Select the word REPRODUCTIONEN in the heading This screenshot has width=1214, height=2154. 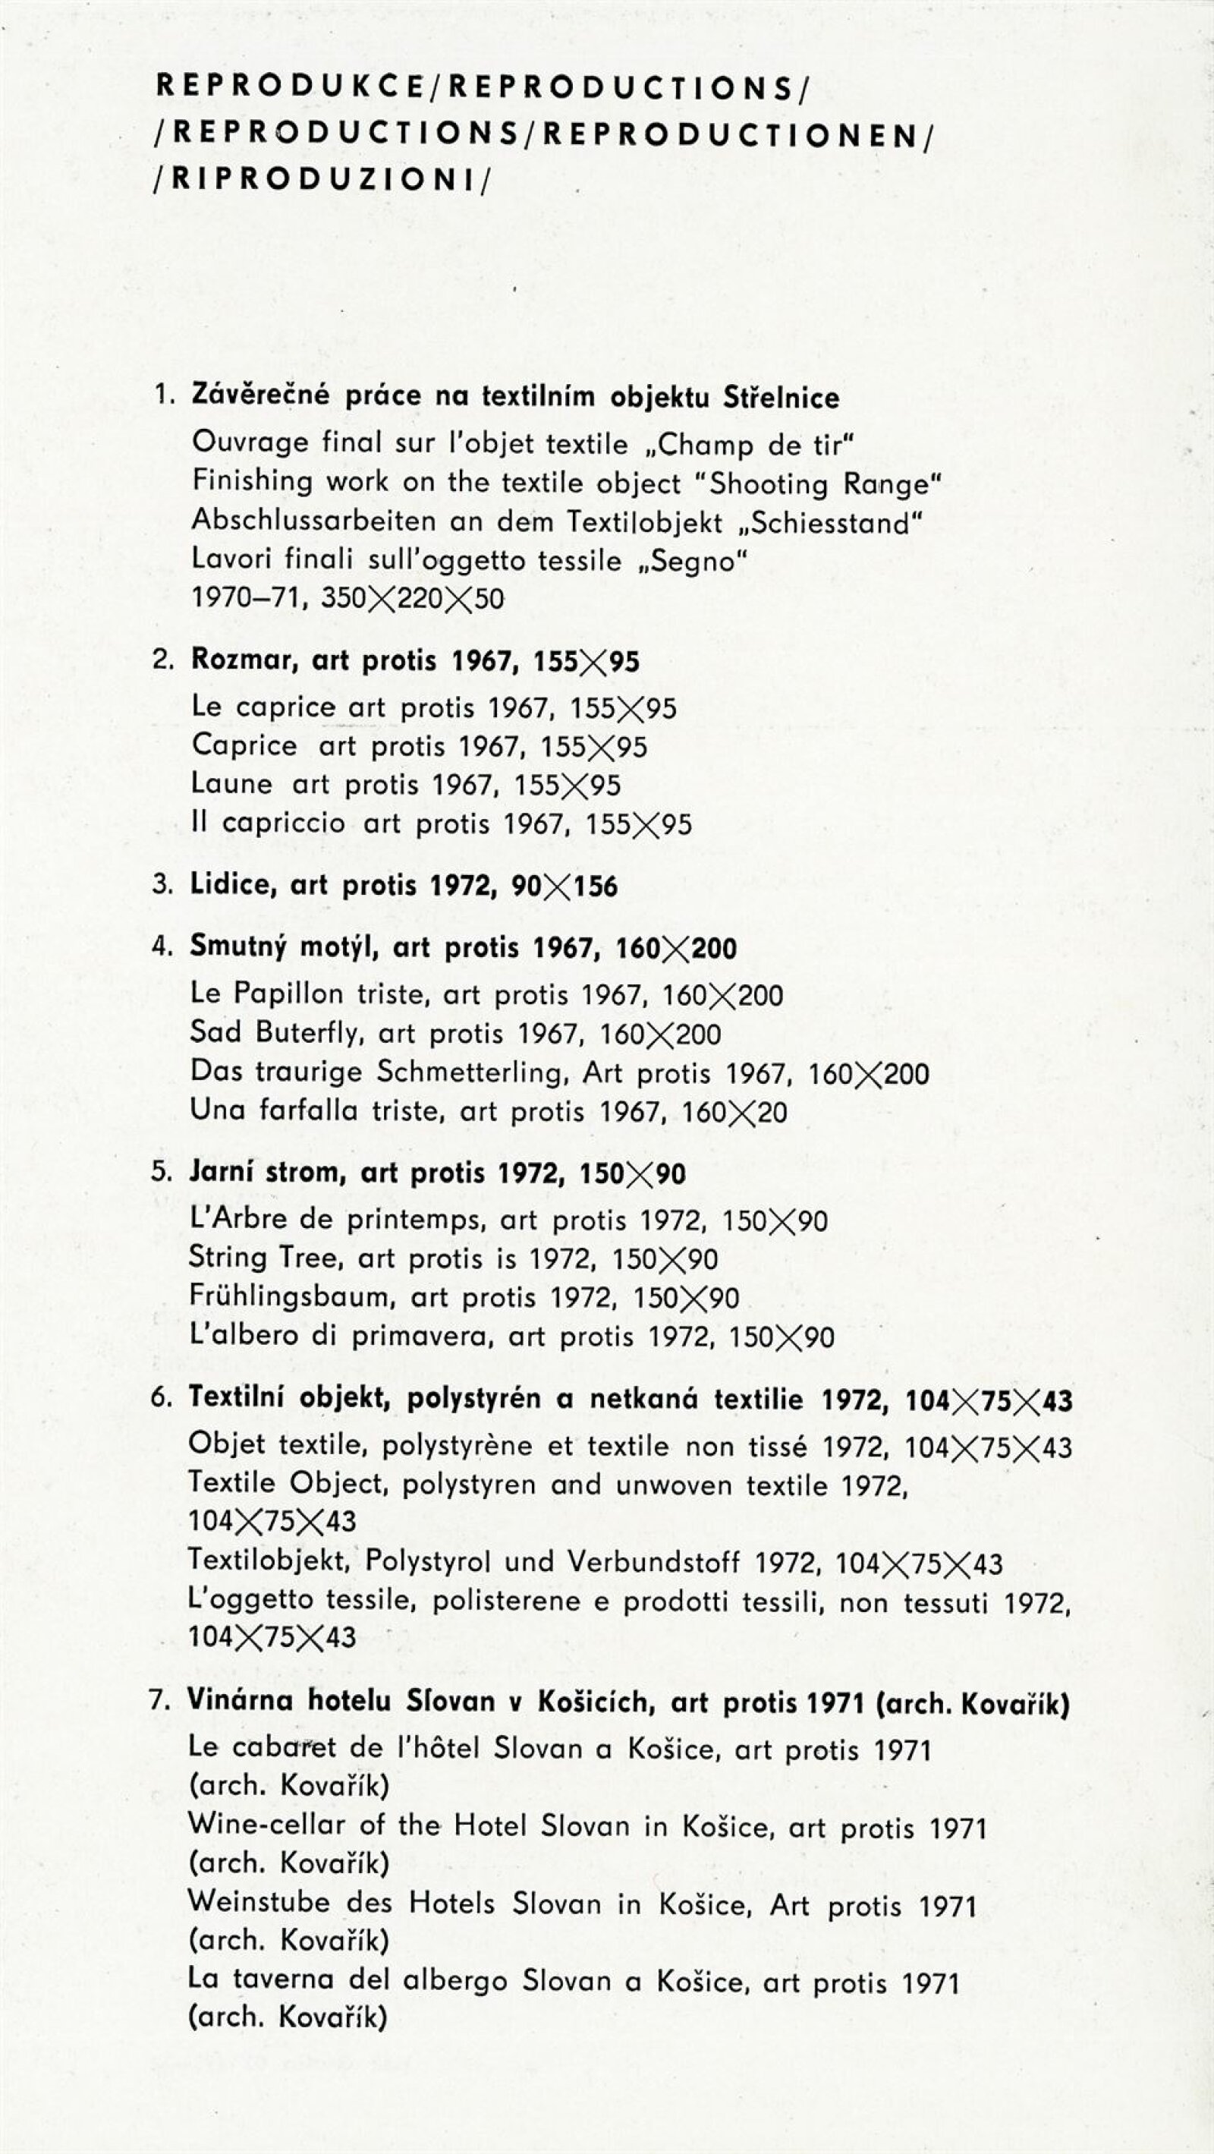click(x=731, y=135)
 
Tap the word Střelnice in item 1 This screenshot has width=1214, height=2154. click(x=781, y=397)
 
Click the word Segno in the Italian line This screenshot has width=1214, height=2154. click(x=690, y=560)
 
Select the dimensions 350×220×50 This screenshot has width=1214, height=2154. click(x=412, y=599)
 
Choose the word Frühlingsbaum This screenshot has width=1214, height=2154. click(x=292, y=1297)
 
